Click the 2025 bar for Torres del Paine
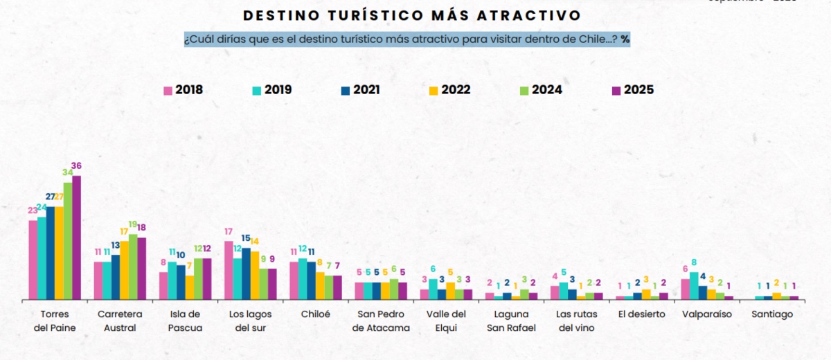[x=76, y=237]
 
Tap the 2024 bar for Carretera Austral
[x=133, y=267]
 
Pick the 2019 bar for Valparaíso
[x=694, y=286]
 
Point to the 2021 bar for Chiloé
[x=311, y=280]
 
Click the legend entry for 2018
[x=183, y=90]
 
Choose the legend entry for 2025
[x=632, y=90]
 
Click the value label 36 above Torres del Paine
[x=76, y=166]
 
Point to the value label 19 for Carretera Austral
[x=133, y=224]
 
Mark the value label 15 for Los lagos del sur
[x=246, y=238]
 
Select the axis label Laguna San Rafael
[x=511, y=321]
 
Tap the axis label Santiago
[x=772, y=314]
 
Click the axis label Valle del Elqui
[x=446, y=321]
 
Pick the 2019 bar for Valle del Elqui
[x=433, y=289]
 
